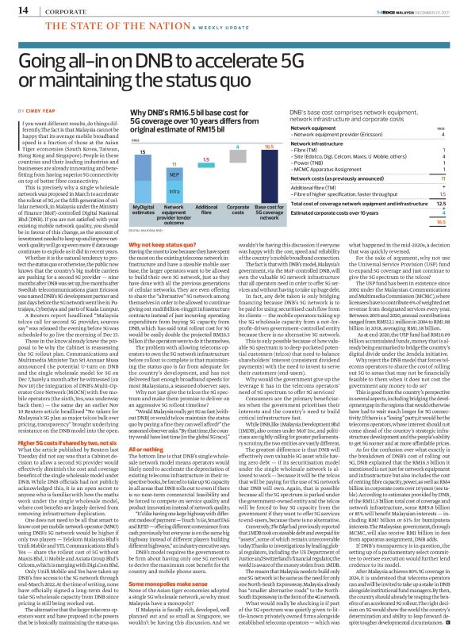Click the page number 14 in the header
tap(15, 10)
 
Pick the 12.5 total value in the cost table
tap(440, 204)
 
